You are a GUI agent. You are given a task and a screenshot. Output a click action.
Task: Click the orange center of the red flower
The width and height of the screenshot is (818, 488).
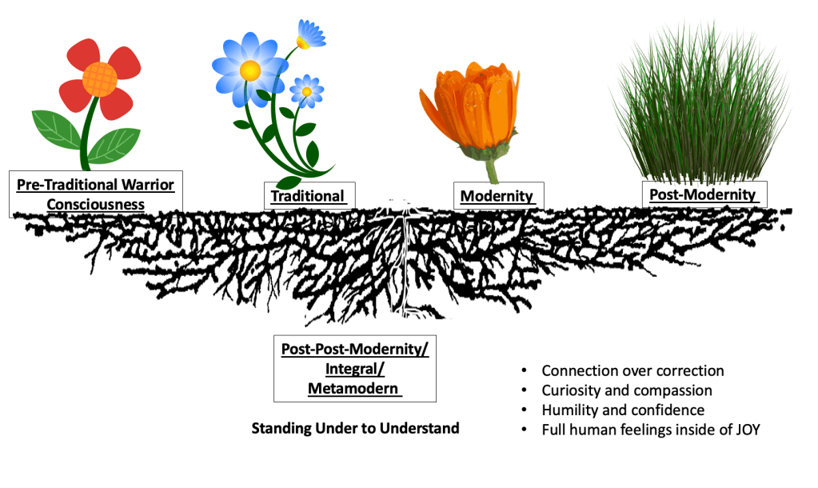click(x=100, y=78)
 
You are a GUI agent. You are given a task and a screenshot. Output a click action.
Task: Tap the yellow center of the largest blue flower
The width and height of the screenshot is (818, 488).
click(x=249, y=70)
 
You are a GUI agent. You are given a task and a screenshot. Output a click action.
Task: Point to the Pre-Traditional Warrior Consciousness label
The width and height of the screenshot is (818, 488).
click(x=95, y=194)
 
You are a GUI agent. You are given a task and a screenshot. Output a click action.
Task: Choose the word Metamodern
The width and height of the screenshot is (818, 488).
click(x=353, y=389)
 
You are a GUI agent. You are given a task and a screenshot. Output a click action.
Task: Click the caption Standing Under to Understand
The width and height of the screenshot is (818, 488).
click(x=355, y=428)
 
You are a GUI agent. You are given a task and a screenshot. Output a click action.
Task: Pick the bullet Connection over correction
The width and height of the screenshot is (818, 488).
click(x=632, y=371)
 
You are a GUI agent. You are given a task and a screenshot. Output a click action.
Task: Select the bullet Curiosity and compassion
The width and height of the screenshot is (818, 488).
click(x=626, y=390)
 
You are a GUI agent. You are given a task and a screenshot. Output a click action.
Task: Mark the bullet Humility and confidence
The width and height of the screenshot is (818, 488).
click(x=623, y=410)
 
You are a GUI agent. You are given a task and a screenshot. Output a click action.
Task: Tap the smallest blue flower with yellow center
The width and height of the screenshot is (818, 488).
click(x=305, y=91)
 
